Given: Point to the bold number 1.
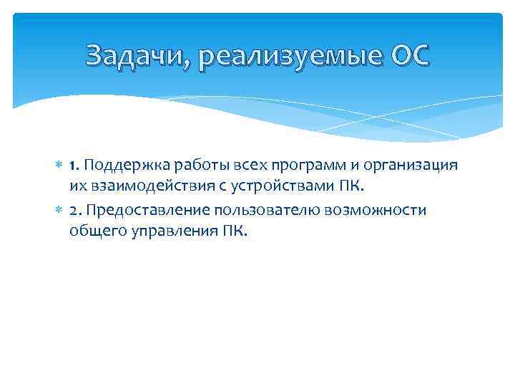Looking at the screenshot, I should (74, 166).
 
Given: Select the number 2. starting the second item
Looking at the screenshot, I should (76, 210).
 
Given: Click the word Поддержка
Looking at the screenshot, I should (122, 166).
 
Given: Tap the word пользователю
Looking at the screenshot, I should (264, 210).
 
